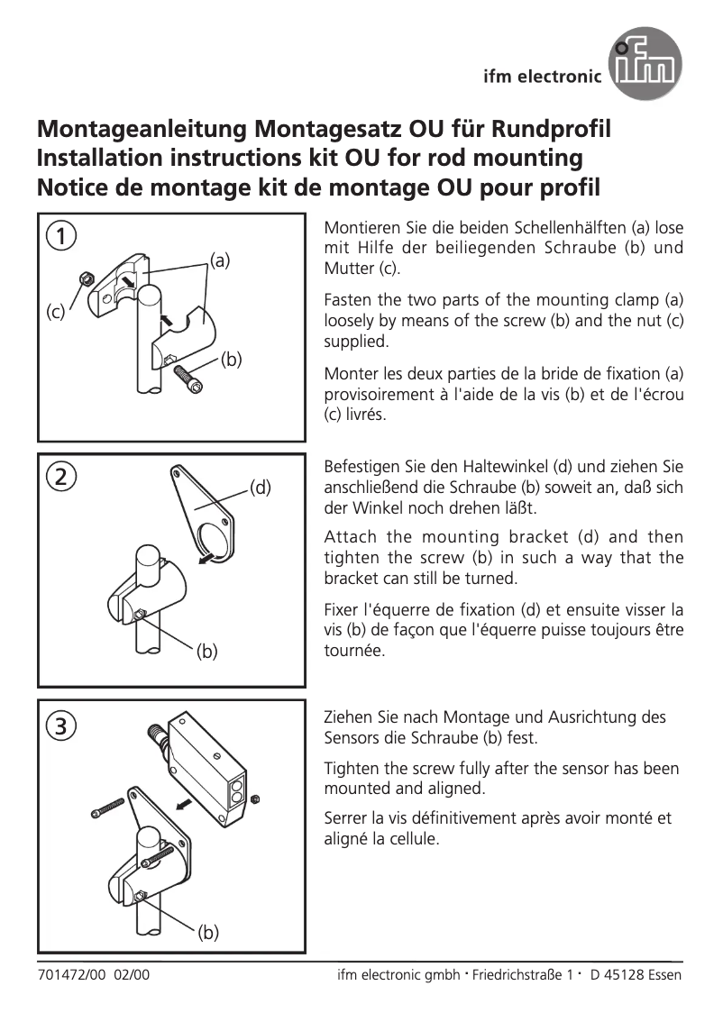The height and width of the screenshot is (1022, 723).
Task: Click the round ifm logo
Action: pyautogui.click(x=644, y=64)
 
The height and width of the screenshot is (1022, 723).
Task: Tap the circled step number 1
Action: pyautogui.click(x=60, y=237)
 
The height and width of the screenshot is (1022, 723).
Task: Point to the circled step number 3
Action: pyautogui.click(x=60, y=724)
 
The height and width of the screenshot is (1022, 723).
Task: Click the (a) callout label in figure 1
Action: pyautogui.click(x=220, y=260)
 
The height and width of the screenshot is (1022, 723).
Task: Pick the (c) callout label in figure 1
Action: pyautogui.click(x=56, y=313)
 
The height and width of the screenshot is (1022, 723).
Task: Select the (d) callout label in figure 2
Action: pyautogui.click(x=260, y=488)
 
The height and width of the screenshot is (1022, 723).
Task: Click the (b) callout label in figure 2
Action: pyautogui.click(x=208, y=651)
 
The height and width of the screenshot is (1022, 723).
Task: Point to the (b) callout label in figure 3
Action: pyautogui.click(x=208, y=932)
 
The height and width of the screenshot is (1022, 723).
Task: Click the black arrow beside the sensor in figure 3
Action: pyautogui.click(x=184, y=803)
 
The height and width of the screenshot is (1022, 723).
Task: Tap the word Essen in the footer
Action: pyautogui.click(x=664, y=975)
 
